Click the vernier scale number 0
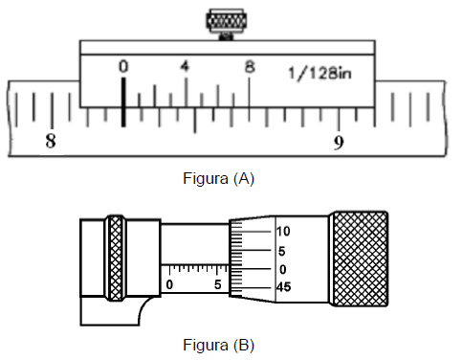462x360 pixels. [123, 66]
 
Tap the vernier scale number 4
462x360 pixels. [185, 66]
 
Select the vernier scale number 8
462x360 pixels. [250, 67]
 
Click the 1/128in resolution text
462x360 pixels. [319, 74]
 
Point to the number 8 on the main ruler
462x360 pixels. [51, 141]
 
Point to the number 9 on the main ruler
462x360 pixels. [339, 143]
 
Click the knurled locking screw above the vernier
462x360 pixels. [226, 22]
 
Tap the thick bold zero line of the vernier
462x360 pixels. [123, 102]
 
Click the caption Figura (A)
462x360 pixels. [218, 178]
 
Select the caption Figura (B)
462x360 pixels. [218, 345]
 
